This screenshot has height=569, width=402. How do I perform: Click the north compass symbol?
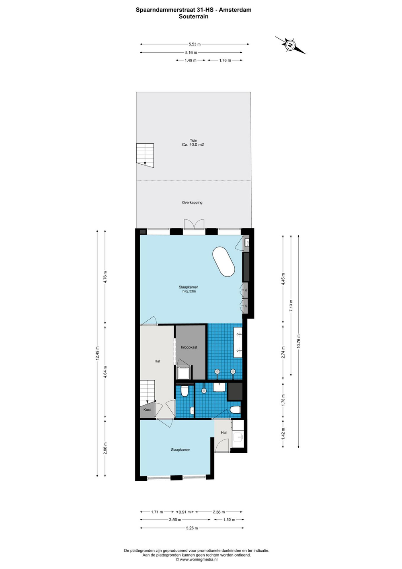(290, 45)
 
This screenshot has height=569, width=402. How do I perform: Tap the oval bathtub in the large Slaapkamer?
(223, 262)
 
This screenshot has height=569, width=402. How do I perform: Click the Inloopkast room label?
(189, 347)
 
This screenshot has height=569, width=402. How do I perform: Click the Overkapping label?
(192, 203)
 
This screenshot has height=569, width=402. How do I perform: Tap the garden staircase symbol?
(145, 155)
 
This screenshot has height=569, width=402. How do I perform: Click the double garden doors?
(194, 224)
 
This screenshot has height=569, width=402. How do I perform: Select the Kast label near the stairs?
(147, 410)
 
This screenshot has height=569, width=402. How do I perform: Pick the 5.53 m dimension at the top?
(195, 44)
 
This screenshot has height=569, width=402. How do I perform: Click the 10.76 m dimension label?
(299, 341)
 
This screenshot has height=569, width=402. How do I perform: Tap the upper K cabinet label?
(246, 290)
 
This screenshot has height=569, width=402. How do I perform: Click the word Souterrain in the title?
(194, 16)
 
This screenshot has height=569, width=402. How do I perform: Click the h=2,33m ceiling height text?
(189, 291)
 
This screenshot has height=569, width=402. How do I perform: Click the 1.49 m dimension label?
(191, 60)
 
